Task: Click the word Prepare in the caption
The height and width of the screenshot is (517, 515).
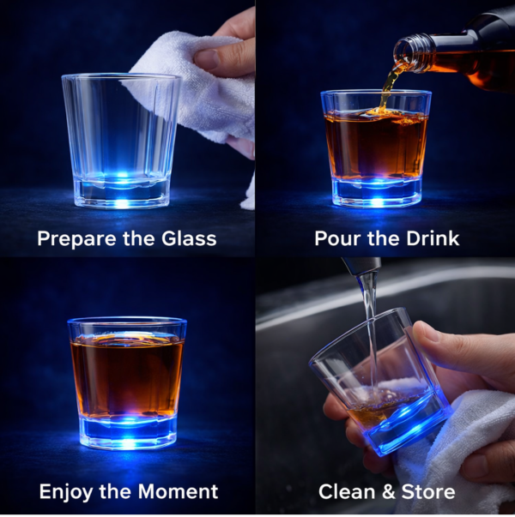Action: click(72, 237)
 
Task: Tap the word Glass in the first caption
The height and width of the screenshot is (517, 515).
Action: click(186, 237)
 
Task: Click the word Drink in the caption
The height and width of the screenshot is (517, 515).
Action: click(428, 237)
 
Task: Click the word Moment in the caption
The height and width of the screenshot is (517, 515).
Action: click(178, 491)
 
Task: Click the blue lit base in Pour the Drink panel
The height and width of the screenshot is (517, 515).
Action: click(376, 190)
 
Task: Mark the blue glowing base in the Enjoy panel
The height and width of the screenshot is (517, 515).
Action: click(126, 431)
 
